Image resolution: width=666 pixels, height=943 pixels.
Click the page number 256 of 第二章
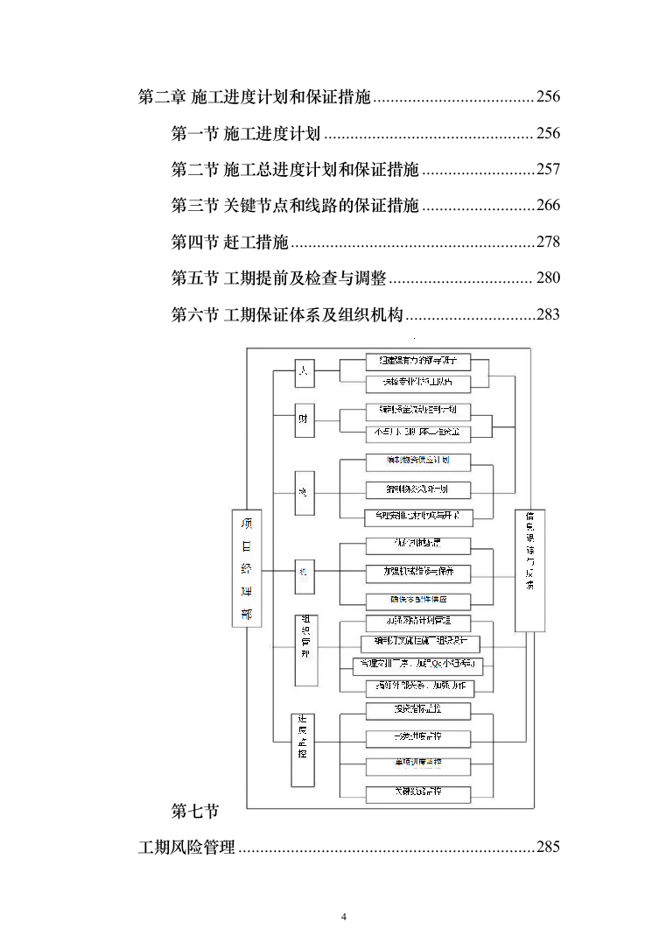548,96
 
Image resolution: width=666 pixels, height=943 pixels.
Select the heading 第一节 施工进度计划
246,133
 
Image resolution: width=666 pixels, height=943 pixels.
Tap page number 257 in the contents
548,169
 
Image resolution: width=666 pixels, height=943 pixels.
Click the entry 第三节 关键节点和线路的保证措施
295,206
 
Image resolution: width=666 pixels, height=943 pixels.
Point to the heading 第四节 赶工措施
229,242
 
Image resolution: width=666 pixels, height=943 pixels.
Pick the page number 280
548,278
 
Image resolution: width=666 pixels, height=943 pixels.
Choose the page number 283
548,314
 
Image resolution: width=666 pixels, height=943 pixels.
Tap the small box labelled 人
304,371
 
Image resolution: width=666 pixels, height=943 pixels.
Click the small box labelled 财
304,423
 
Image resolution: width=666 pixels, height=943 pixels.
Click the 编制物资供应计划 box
417,461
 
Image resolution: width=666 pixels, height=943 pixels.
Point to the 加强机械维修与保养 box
417,573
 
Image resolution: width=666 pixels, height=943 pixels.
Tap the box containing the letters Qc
417,664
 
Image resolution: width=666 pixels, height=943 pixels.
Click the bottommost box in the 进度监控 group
417,793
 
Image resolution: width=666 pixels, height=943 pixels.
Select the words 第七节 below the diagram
195,812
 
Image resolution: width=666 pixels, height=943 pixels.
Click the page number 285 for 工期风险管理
548,847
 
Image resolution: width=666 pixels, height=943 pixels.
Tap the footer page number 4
343,917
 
